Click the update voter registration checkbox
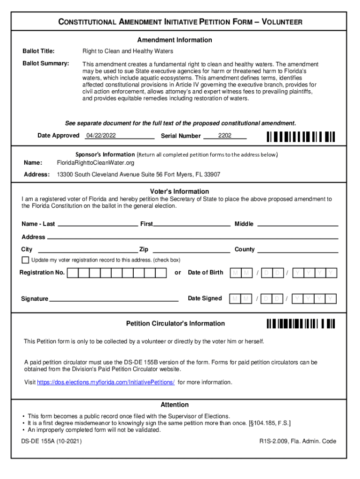click(25, 260)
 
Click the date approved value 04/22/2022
click(101, 136)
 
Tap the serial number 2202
click(224, 136)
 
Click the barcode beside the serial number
click(301, 137)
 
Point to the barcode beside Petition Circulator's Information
click(301, 324)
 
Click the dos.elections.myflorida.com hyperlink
click(106, 383)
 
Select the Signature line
click(114, 298)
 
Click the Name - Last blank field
click(97, 224)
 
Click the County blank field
click(298, 249)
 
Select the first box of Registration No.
click(73, 273)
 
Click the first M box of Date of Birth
click(235, 273)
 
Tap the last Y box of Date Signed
click(331, 298)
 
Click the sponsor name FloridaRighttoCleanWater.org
click(95, 163)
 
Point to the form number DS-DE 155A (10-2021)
click(51, 441)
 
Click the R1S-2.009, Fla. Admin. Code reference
click(298, 441)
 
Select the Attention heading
click(174, 405)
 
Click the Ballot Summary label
click(46, 63)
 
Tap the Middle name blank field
click(298, 224)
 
